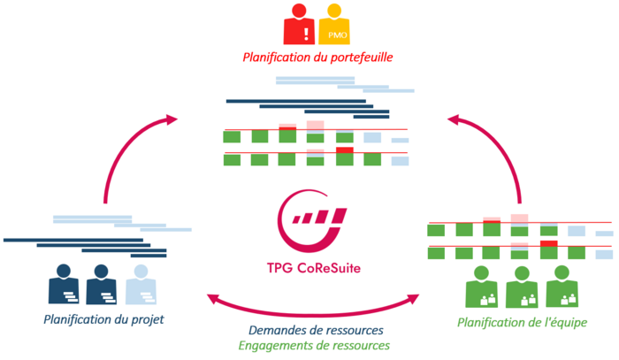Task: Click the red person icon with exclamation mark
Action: point(300,24)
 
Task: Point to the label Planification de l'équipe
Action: point(522,322)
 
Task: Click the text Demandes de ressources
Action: point(316,330)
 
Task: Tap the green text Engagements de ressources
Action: point(316,346)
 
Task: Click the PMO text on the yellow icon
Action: point(336,34)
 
